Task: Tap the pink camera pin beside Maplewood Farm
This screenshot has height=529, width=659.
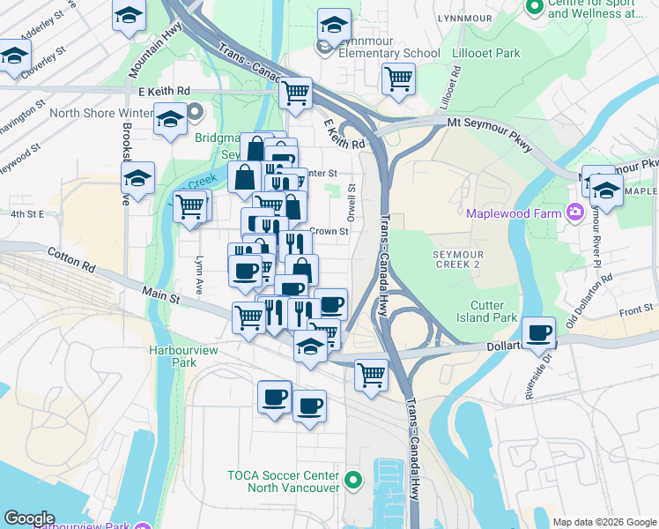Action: (575, 211)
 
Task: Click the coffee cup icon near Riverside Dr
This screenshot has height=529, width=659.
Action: (538, 334)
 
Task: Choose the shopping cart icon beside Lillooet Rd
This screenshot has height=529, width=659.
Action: (398, 78)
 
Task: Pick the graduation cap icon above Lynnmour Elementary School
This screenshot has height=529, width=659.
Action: (334, 25)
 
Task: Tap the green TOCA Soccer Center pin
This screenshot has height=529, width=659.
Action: (353, 481)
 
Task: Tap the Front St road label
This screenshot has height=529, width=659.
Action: (636, 309)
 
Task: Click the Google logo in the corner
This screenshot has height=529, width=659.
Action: (29, 518)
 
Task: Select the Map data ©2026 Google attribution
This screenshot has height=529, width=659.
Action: (603, 522)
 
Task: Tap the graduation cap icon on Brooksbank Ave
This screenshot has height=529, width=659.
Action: (137, 178)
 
